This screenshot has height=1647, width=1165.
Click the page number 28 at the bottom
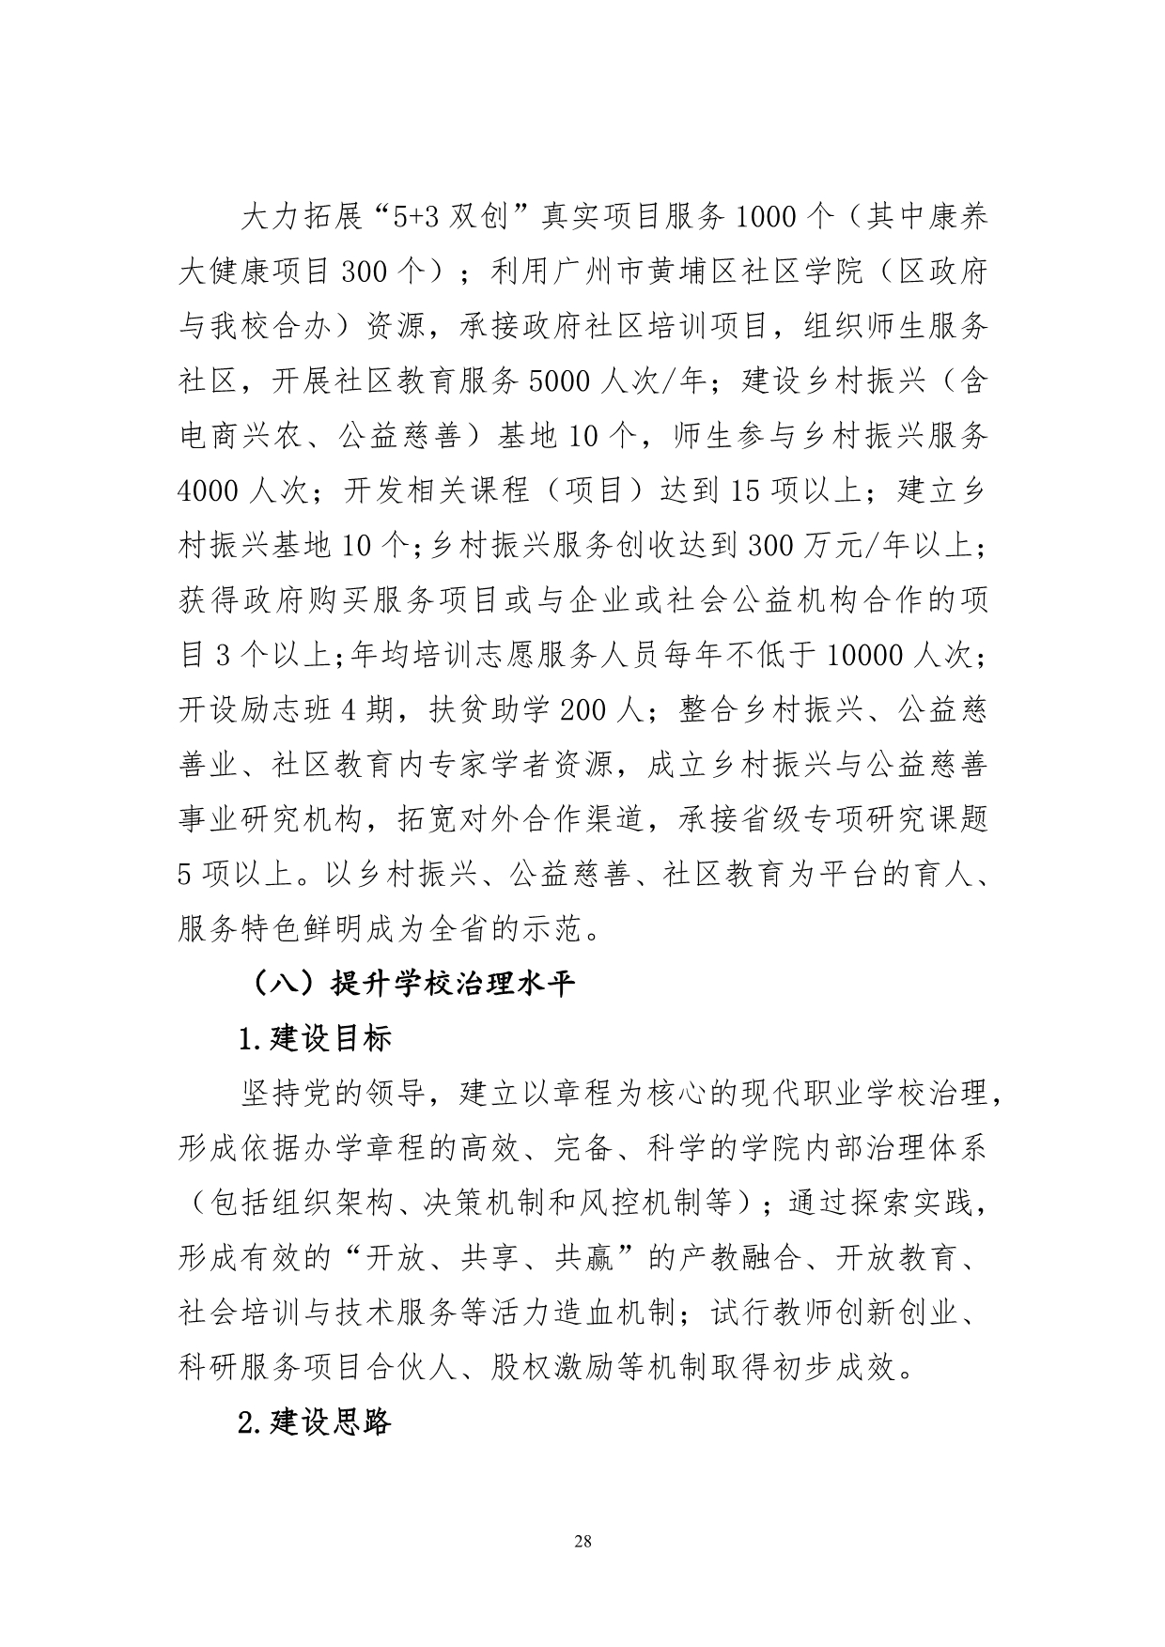pos(582,1542)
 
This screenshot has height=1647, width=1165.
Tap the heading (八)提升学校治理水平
pos(411,984)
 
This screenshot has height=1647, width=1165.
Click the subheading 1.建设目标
pos(314,1039)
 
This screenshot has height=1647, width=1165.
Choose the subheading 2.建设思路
pos(314,1422)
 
